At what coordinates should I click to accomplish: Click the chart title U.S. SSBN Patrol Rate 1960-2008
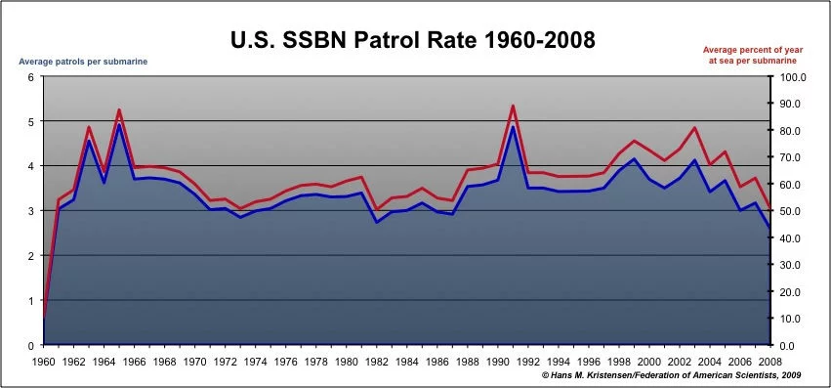[411, 40]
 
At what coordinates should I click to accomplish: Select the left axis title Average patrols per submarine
[84, 63]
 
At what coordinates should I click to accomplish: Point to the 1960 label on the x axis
[43, 361]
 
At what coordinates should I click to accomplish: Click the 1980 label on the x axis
[347, 361]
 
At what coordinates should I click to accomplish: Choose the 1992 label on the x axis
[528, 361]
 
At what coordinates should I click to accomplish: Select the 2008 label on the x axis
[771, 361]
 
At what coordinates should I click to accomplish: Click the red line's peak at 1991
[514, 106]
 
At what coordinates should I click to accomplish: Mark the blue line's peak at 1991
[514, 127]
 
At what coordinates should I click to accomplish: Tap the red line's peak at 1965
[119, 109]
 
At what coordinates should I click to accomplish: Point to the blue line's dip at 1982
[377, 222]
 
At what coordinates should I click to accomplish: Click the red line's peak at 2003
[695, 128]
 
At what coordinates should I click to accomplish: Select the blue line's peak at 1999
[635, 158]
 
